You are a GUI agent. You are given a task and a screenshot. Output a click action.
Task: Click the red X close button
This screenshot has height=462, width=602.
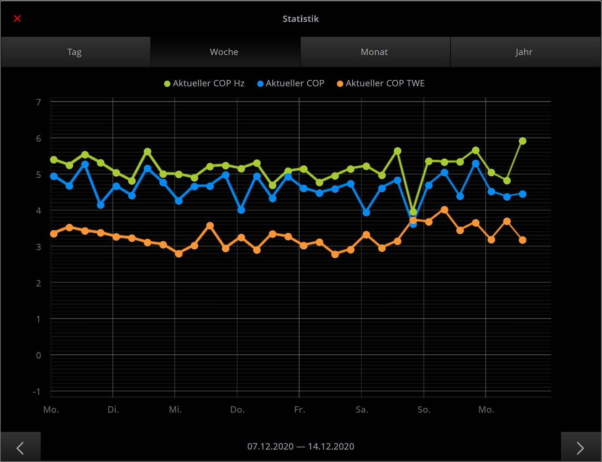[x=17, y=18]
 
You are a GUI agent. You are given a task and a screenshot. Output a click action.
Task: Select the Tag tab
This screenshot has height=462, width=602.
[x=75, y=52]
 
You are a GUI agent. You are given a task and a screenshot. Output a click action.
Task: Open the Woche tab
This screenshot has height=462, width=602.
[x=224, y=52]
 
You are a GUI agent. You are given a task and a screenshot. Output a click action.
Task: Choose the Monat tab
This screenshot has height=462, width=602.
[x=374, y=52]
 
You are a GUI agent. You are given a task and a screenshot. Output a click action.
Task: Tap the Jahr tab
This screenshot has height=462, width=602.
[x=524, y=52]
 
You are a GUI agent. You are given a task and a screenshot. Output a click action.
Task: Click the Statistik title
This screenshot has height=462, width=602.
[x=301, y=19]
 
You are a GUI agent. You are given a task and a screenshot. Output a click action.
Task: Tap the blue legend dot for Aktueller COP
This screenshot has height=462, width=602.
[x=260, y=84]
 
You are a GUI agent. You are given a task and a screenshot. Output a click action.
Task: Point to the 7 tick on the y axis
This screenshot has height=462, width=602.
[x=39, y=102]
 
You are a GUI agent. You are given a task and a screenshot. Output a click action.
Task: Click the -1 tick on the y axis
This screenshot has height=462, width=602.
[x=37, y=392]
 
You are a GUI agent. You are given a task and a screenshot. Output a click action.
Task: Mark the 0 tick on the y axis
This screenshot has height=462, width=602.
[x=39, y=355]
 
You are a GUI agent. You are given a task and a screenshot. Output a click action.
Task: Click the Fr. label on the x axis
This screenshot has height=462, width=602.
[x=300, y=410]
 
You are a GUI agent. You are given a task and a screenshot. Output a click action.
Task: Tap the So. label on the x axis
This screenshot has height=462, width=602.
[x=424, y=410]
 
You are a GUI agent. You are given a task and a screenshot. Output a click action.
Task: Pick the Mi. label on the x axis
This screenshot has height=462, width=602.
[x=175, y=410]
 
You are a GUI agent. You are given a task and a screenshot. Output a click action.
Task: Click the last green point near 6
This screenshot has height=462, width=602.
[x=522, y=141]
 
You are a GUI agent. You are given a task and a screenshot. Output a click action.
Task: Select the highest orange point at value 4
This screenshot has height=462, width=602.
[x=444, y=210]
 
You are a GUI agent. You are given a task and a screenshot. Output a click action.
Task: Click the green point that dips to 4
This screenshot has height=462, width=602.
[x=413, y=212]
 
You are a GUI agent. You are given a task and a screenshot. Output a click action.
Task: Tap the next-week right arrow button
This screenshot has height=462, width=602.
[x=581, y=448]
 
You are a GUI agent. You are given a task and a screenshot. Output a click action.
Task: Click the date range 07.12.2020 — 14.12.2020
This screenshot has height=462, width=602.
[x=301, y=446]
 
